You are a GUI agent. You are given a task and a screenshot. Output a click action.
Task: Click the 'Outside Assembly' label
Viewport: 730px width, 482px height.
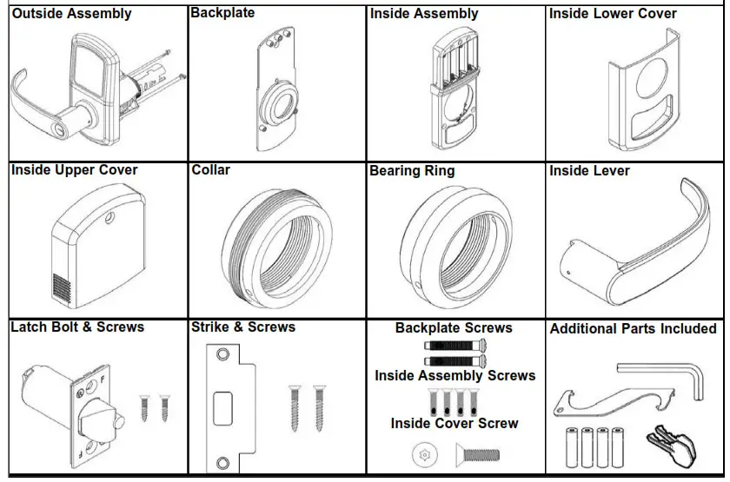click(71, 14)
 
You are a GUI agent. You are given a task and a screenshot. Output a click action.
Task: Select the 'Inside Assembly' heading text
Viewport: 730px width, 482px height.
click(424, 14)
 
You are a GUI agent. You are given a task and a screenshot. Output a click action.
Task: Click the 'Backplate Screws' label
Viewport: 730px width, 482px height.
click(454, 328)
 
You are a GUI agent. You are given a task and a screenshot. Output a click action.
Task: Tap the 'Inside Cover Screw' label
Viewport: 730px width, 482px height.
click(454, 424)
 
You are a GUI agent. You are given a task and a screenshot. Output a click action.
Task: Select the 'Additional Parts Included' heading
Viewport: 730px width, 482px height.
click(633, 329)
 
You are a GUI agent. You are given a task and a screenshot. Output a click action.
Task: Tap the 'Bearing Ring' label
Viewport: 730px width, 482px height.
click(412, 171)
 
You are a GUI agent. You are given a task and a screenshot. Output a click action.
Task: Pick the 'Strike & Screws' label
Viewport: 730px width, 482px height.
click(243, 327)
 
